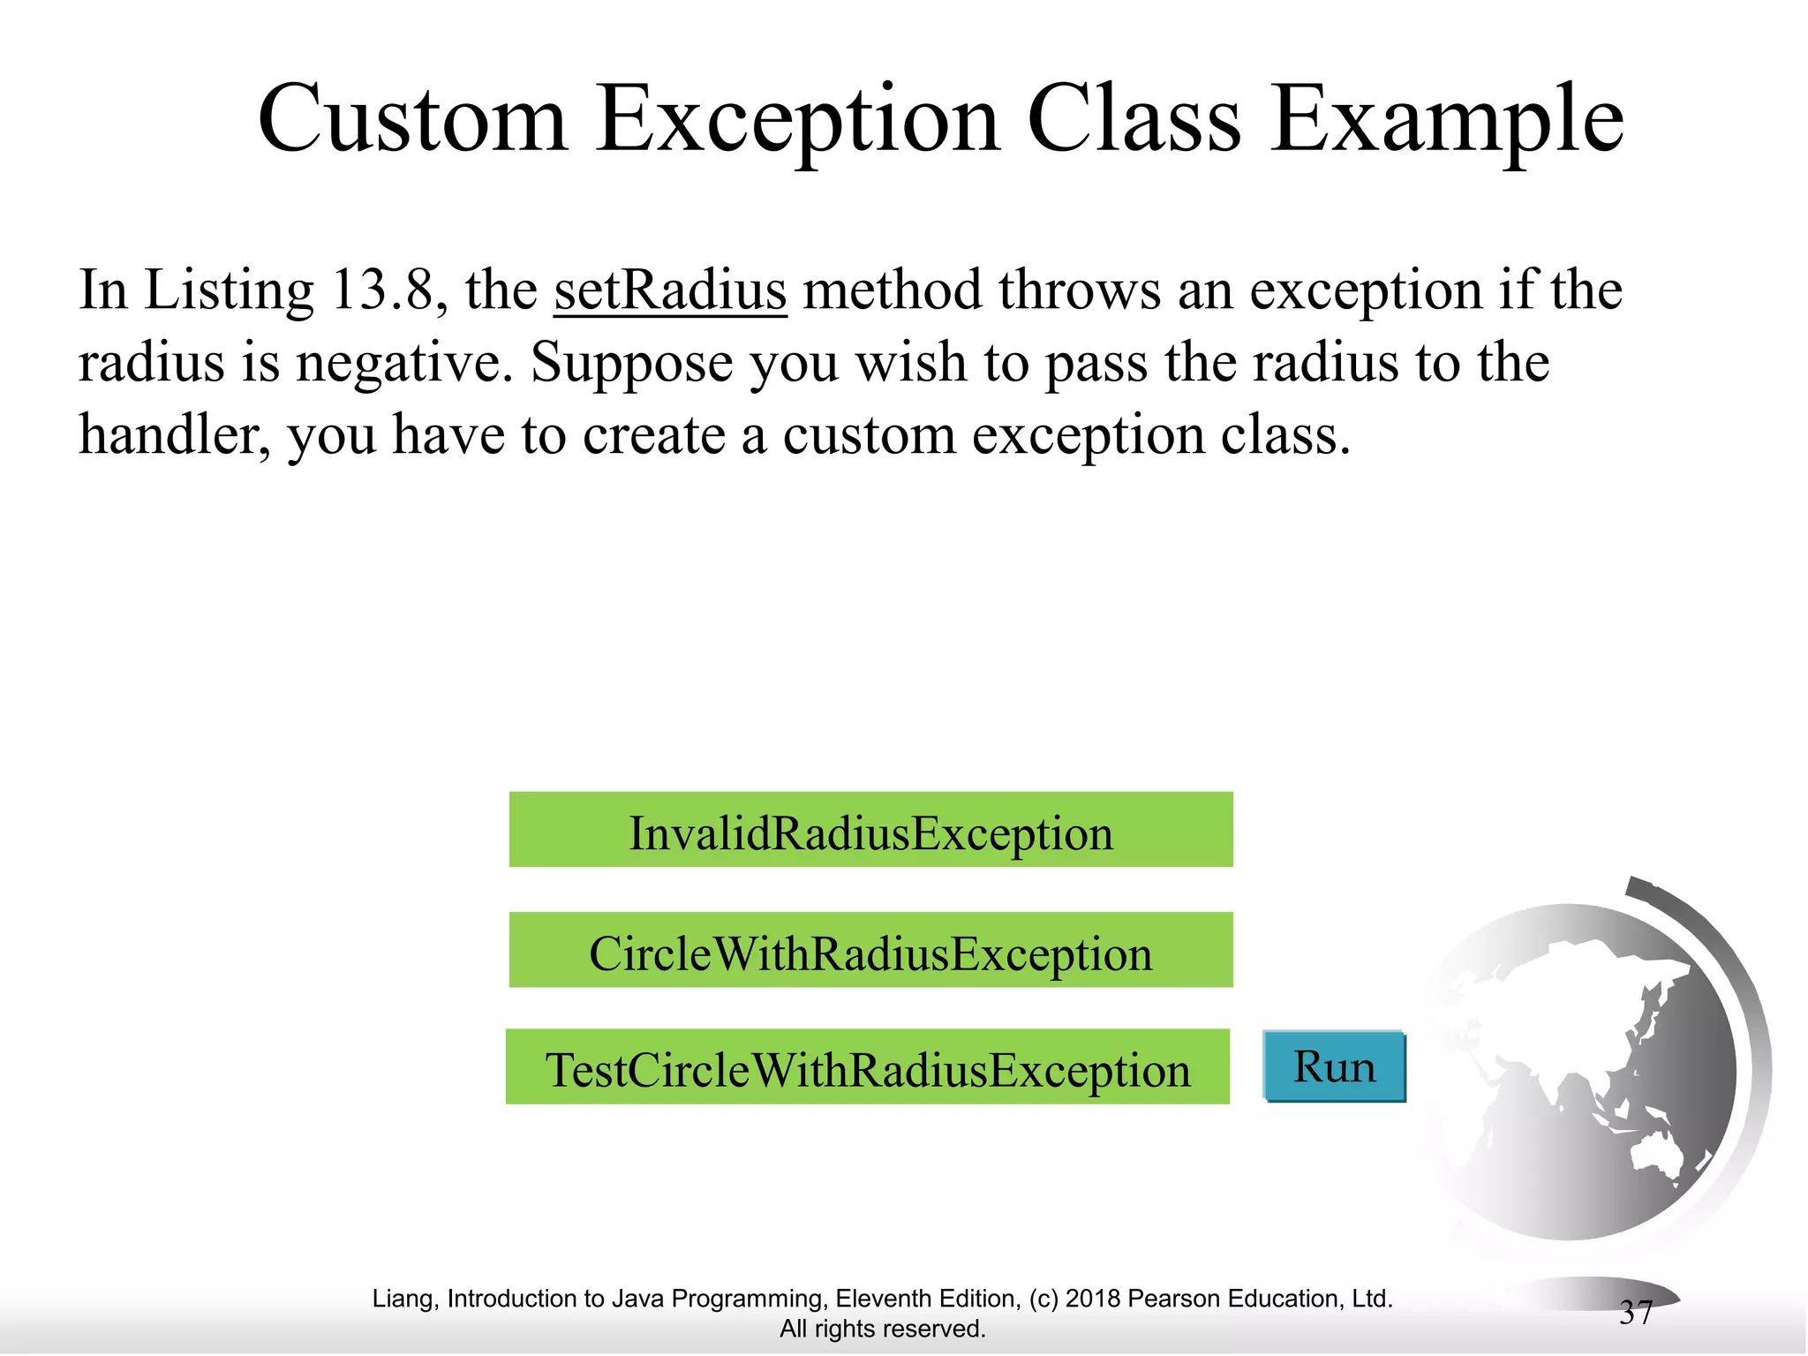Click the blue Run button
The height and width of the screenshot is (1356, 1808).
point(1334,1066)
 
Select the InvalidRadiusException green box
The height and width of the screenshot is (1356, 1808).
point(870,830)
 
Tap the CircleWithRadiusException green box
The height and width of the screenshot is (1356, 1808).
point(870,950)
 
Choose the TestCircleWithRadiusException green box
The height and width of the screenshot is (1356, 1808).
point(867,1066)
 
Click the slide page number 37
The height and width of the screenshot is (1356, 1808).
point(1635,1313)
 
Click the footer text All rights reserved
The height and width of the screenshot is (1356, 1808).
point(882,1329)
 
